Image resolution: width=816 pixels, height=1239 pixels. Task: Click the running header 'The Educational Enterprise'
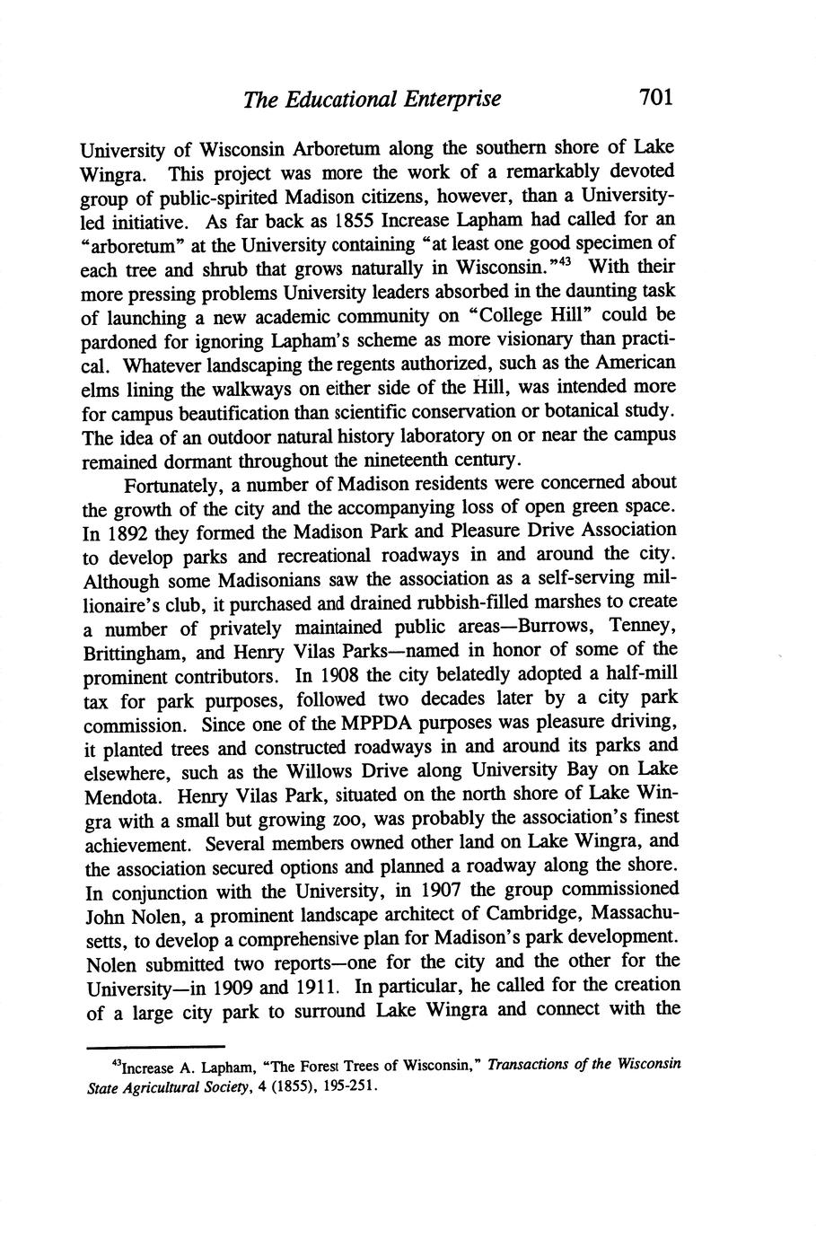point(372,99)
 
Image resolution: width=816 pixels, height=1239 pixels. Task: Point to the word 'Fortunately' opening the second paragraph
point(174,486)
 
